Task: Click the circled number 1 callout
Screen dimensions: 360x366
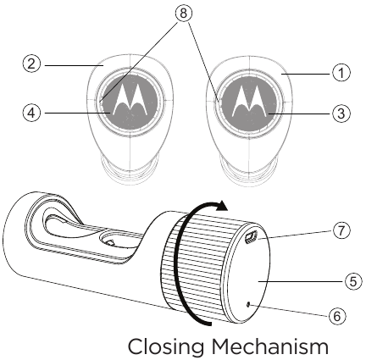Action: [341, 74]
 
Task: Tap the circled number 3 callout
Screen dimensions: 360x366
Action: [341, 114]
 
